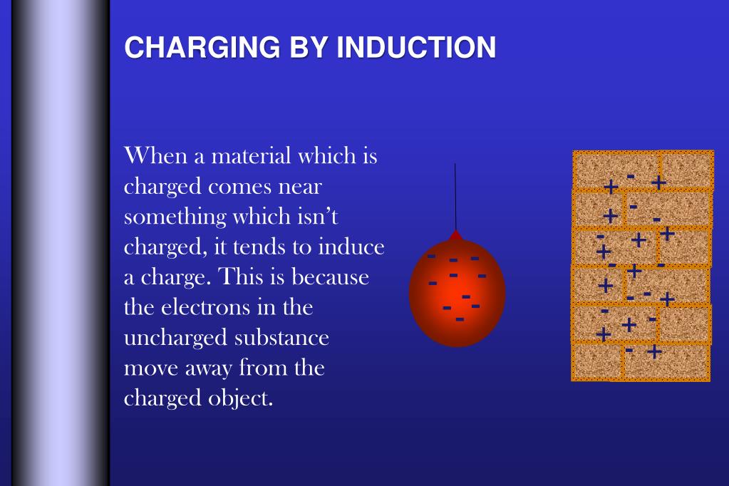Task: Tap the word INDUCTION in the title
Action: [x=416, y=48]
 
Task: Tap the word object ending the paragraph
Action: [x=242, y=398]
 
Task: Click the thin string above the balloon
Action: [x=455, y=196]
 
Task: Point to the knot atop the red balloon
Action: [x=456, y=234]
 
